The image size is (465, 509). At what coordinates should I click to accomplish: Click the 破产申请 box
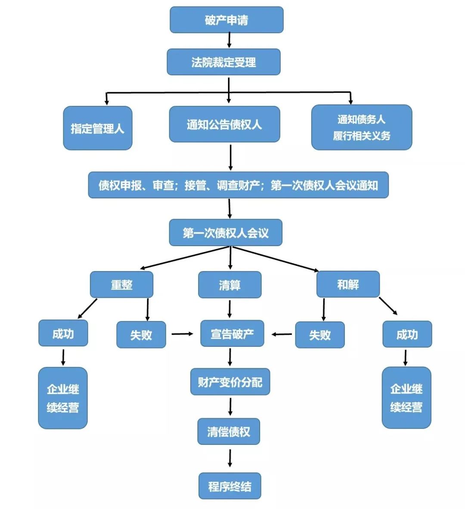coord(226,20)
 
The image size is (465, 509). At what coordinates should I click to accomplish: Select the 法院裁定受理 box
coord(223,62)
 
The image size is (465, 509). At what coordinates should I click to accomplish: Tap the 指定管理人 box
coord(97,128)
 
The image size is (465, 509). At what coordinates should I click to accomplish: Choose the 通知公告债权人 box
coord(224,124)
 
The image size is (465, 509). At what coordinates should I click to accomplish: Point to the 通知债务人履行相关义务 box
coord(361,127)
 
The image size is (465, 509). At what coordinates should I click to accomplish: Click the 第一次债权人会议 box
coord(225,233)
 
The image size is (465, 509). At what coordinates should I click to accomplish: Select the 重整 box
coord(121,284)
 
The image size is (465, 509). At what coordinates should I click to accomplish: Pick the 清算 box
coord(229,285)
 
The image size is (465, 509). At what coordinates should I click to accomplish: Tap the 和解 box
coord(348,284)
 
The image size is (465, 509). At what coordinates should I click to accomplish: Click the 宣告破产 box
coord(232,334)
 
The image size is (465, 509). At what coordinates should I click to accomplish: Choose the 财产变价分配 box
coord(230,382)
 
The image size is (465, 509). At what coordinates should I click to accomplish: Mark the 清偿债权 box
coord(229,432)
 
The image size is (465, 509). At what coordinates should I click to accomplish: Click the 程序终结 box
coord(229,486)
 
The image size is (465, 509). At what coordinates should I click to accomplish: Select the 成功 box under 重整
coord(63,333)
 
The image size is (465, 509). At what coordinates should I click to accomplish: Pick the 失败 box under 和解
coord(319,335)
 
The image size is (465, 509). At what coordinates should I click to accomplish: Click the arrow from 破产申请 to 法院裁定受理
coord(229,40)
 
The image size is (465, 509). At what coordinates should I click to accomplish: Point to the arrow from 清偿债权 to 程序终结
coord(230,458)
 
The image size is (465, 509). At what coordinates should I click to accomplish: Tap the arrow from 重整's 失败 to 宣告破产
coord(183,334)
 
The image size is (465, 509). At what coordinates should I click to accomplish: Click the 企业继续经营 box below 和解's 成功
coord(406,398)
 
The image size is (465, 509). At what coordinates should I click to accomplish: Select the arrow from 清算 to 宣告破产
coord(229,309)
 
